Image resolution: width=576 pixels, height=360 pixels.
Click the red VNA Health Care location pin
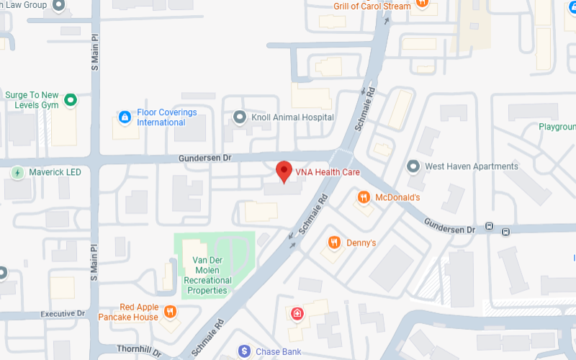click(284, 171)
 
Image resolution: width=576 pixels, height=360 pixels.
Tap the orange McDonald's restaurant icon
click(364, 197)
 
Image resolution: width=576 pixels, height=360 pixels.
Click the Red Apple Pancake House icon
click(170, 312)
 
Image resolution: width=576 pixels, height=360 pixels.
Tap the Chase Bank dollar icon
click(245, 351)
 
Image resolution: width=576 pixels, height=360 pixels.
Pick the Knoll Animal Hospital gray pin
click(240, 117)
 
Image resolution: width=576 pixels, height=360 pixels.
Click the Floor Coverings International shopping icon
click(124, 117)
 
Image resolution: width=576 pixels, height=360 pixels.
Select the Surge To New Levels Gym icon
click(70, 100)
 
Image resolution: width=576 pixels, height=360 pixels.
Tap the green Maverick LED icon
click(17, 173)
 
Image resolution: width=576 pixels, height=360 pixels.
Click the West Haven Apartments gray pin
click(413, 166)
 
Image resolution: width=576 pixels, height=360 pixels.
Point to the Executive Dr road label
click(63, 314)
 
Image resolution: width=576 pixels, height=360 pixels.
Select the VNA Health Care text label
click(328, 173)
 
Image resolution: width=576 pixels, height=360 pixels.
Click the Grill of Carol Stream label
click(372, 6)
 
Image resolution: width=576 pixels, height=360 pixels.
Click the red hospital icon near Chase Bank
click(296, 313)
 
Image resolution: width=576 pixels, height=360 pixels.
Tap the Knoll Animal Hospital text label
click(292, 117)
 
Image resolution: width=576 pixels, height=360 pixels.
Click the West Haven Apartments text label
click(472, 166)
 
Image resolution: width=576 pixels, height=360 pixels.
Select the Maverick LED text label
click(55, 173)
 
